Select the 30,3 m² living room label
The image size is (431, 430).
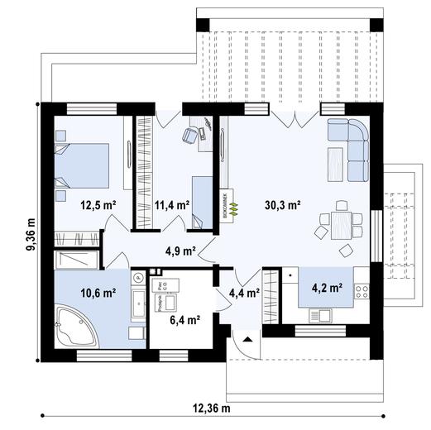click(x=282, y=204)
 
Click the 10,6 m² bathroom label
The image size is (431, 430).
click(x=97, y=292)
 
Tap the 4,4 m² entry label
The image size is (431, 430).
click(x=244, y=292)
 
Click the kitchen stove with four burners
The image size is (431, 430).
click(x=362, y=291)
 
